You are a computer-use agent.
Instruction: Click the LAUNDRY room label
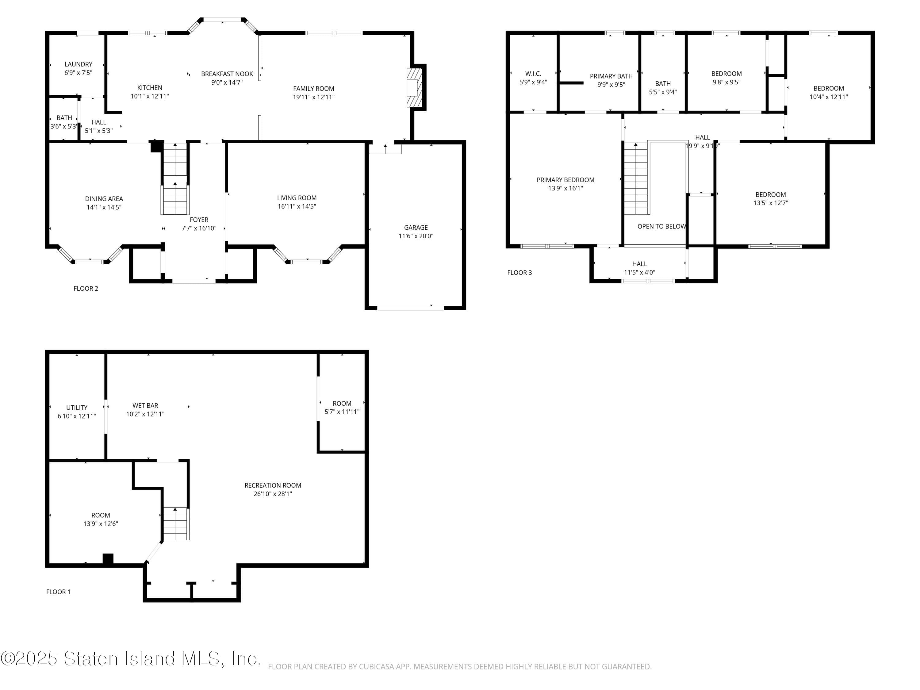click(78, 64)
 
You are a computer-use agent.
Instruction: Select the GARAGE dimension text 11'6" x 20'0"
click(416, 236)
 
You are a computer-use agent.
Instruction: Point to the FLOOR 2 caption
click(86, 288)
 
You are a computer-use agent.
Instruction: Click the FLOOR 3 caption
click(519, 272)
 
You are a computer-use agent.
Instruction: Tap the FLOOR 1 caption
click(58, 592)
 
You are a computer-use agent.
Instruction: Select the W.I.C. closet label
click(533, 74)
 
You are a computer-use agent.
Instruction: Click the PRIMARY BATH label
click(611, 76)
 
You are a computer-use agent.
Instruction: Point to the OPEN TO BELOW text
click(661, 226)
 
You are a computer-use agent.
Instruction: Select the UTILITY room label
click(77, 407)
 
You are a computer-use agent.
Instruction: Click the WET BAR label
click(145, 405)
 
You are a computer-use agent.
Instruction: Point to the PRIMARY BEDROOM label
click(565, 180)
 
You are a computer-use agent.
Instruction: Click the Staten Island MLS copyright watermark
click(131, 659)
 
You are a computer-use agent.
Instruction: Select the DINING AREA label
click(104, 198)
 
